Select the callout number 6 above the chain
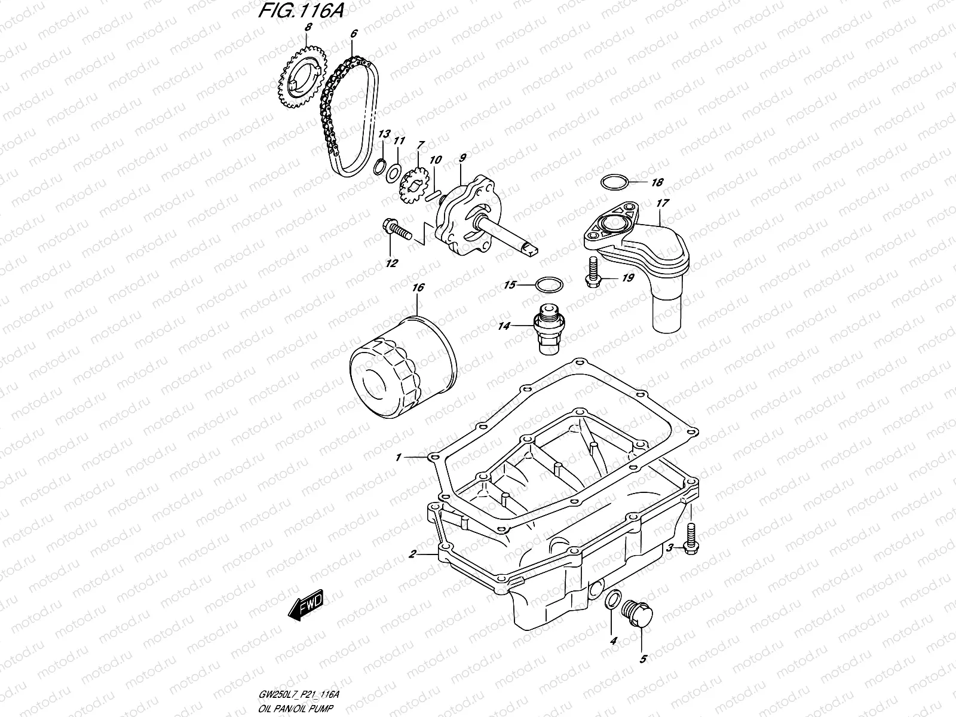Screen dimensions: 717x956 pyautogui.click(x=354, y=34)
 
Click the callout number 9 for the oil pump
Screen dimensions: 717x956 pyautogui.click(x=462, y=160)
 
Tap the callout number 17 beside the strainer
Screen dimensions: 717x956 pyautogui.click(x=661, y=203)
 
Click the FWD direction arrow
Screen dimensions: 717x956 pyautogui.click(x=305, y=608)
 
